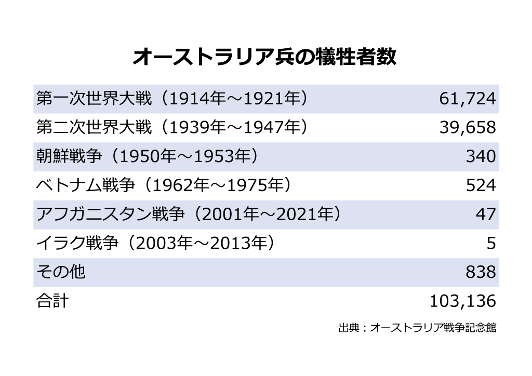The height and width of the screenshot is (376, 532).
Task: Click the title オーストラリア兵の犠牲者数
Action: click(265, 57)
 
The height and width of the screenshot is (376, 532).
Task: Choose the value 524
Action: click(481, 185)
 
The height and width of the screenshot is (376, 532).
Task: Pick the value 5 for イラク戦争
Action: click(491, 243)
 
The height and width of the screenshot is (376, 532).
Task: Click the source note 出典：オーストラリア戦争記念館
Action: click(417, 329)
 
